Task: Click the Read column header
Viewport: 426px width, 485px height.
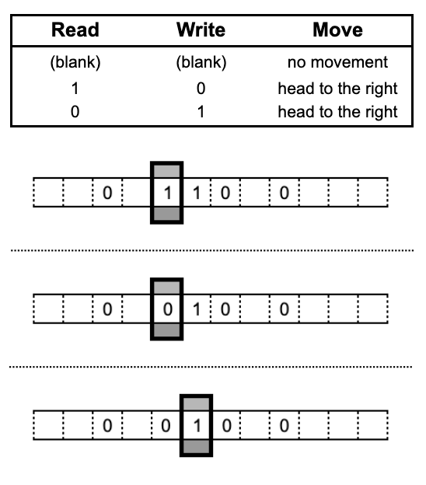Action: point(75,30)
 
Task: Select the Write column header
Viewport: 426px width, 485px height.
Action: point(201,30)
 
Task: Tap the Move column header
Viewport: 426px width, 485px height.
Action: point(337,30)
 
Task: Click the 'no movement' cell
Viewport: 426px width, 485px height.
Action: point(337,62)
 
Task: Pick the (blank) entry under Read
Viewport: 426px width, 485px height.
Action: point(75,62)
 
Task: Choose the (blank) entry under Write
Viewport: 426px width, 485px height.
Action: point(201,62)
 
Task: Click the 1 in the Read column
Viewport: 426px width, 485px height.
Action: point(75,89)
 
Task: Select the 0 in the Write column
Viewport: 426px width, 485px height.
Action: point(201,89)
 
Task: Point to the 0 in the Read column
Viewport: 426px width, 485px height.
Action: point(75,111)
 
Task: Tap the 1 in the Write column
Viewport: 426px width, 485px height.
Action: point(201,111)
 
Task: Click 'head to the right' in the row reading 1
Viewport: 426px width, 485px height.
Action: point(337,89)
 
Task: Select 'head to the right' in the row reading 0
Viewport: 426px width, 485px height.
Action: point(337,112)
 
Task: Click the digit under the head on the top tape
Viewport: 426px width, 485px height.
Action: point(168,193)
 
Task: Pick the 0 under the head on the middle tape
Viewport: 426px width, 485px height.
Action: point(168,309)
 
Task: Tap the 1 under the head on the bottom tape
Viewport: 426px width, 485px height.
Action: point(197,426)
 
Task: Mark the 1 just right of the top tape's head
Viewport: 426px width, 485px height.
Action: point(197,193)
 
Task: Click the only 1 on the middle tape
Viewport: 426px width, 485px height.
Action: point(197,309)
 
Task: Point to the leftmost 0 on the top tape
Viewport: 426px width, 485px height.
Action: point(107,193)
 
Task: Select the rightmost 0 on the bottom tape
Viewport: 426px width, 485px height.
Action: point(285,426)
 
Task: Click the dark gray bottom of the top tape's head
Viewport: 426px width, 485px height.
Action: point(167,214)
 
